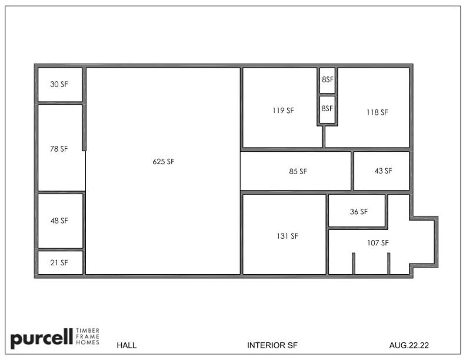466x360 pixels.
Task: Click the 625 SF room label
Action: coord(164,162)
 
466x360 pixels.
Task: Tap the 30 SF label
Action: coord(59,84)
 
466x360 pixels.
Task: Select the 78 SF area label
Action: coord(59,149)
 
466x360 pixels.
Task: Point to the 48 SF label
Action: coord(59,221)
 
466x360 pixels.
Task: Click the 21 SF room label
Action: coord(59,263)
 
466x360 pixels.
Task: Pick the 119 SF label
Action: coord(283,111)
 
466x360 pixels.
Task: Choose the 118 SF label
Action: coord(377,112)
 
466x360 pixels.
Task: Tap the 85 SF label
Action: coord(298,171)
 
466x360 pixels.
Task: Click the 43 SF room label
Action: coord(384,171)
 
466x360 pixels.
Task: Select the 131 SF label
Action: coord(287,236)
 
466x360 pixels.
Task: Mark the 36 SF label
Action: coord(359,212)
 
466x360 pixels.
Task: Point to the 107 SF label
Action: coord(378,243)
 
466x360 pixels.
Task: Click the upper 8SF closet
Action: coord(328,79)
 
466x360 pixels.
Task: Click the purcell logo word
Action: coord(42,338)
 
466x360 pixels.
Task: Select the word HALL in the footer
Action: coord(127,345)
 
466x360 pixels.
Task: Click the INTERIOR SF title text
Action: coord(272,345)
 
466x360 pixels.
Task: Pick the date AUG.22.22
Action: coord(409,345)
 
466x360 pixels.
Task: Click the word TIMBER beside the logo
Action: coord(88,331)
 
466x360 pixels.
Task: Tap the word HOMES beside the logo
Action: coord(88,342)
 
